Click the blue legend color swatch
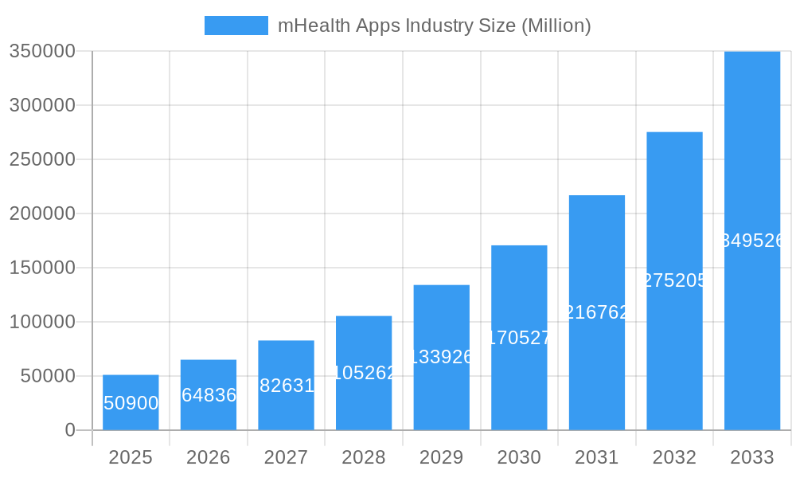click(x=236, y=25)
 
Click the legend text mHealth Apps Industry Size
click(x=434, y=25)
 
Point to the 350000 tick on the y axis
click(x=42, y=51)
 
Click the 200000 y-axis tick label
click(x=42, y=214)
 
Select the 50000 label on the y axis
click(x=47, y=376)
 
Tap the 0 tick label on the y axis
click(x=69, y=430)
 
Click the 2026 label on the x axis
click(x=209, y=457)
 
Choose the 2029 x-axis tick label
click(x=441, y=457)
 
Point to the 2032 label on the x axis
click(x=674, y=457)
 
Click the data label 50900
click(x=131, y=403)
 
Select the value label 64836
click(x=209, y=395)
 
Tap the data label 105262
click(x=364, y=373)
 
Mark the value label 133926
click(x=441, y=357)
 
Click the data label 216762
click(x=597, y=312)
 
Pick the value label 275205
click(x=674, y=280)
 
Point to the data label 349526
click(x=752, y=241)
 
